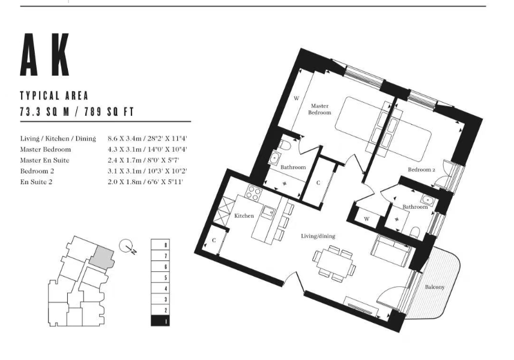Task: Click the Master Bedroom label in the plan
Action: (x=319, y=109)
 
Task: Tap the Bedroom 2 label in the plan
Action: (x=422, y=170)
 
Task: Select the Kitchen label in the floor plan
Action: (x=244, y=216)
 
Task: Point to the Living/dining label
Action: (x=318, y=236)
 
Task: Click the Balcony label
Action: (x=435, y=287)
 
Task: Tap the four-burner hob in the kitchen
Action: (x=254, y=193)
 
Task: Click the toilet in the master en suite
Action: (x=285, y=145)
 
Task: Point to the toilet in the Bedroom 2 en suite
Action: (x=415, y=232)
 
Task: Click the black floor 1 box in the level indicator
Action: (x=160, y=320)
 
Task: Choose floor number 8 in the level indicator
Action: (x=166, y=245)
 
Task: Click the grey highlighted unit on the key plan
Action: (x=102, y=257)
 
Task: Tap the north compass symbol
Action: (x=127, y=247)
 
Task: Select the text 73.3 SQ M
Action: (x=45, y=112)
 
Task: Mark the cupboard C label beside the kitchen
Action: (x=214, y=241)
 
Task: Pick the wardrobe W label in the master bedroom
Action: (x=297, y=98)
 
